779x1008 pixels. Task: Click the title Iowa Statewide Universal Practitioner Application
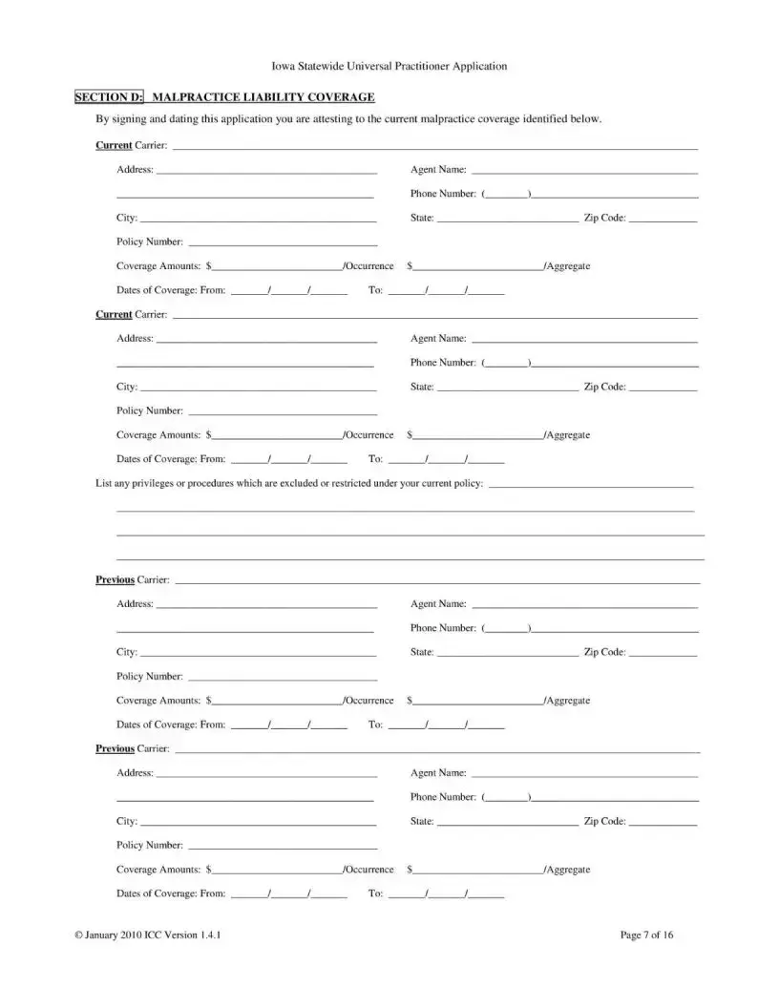pos(389,66)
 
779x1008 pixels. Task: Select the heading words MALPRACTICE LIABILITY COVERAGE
pos(263,97)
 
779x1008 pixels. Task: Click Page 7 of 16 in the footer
pos(647,934)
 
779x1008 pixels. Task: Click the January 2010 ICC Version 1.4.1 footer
pos(148,934)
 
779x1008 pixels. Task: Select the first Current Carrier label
pos(132,145)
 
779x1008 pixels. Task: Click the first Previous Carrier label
pos(133,579)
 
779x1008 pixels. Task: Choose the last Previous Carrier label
pos(133,748)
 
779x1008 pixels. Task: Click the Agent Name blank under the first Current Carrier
pos(584,172)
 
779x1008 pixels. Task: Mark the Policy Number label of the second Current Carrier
pos(150,410)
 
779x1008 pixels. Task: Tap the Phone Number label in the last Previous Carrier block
pos(443,797)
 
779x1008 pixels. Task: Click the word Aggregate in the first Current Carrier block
pos(569,266)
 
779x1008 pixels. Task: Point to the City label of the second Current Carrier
pos(127,387)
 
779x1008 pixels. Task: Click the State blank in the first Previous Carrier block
pos(507,654)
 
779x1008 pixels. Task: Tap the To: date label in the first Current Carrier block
pos(375,290)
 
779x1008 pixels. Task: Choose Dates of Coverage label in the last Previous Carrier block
pos(171,893)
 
